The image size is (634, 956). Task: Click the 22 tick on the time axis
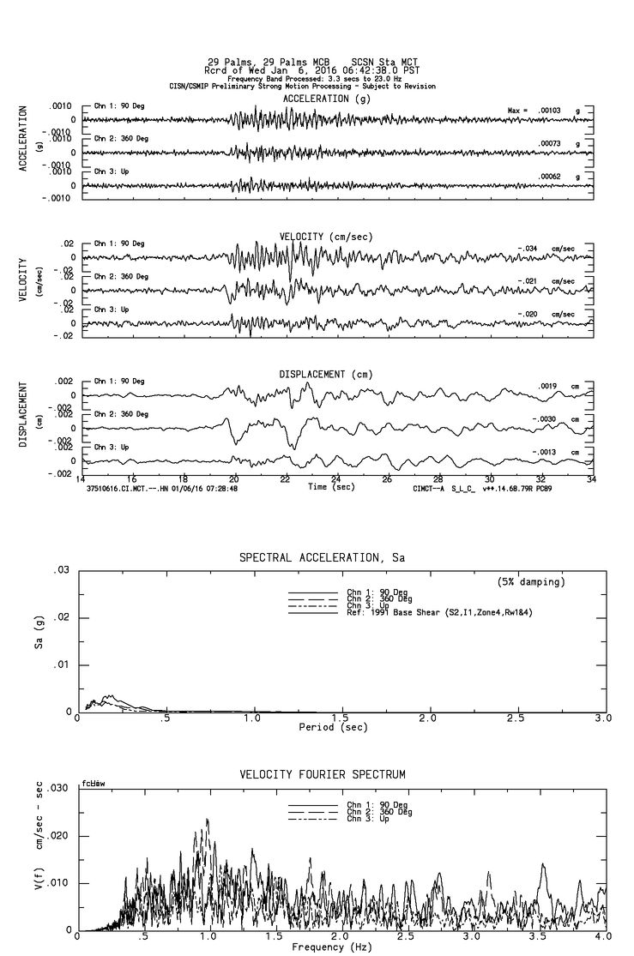[x=285, y=480]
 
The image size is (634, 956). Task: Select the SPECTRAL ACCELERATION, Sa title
[x=322, y=558]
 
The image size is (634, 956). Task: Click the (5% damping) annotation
[x=531, y=582]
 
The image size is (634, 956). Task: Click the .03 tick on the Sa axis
[x=62, y=571]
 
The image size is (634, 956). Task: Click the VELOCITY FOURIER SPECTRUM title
[x=322, y=775]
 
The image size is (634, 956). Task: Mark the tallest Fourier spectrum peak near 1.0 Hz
[x=207, y=820]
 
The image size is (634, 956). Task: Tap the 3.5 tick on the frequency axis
[x=542, y=938]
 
